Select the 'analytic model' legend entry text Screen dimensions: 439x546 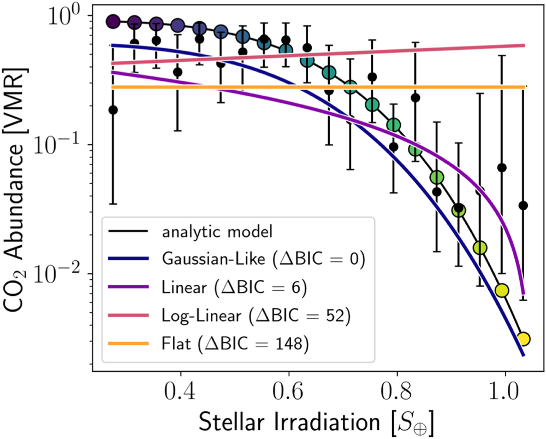point(217,232)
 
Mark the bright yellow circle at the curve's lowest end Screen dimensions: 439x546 point(523,339)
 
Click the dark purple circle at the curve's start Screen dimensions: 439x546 point(113,22)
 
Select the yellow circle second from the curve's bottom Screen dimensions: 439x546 point(502,289)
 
